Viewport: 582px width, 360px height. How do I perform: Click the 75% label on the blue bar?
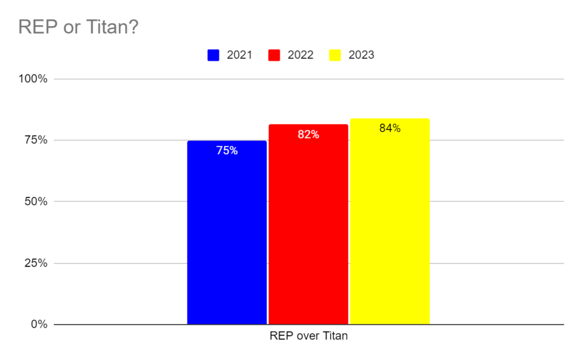pos(227,151)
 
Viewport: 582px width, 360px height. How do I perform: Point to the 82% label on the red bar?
pos(308,135)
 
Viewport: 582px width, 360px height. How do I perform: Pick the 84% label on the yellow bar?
pos(390,129)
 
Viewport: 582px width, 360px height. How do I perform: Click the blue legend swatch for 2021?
pos(214,55)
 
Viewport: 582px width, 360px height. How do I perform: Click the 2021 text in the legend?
pos(239,55)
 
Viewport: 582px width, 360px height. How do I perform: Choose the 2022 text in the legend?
pos(301,55)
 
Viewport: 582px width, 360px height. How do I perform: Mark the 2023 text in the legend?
pos(361,55)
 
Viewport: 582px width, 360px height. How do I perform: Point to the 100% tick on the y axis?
pos(34,78)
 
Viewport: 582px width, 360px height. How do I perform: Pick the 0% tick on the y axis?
pos(39,324)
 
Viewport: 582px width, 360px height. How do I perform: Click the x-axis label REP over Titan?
pos(308,336)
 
